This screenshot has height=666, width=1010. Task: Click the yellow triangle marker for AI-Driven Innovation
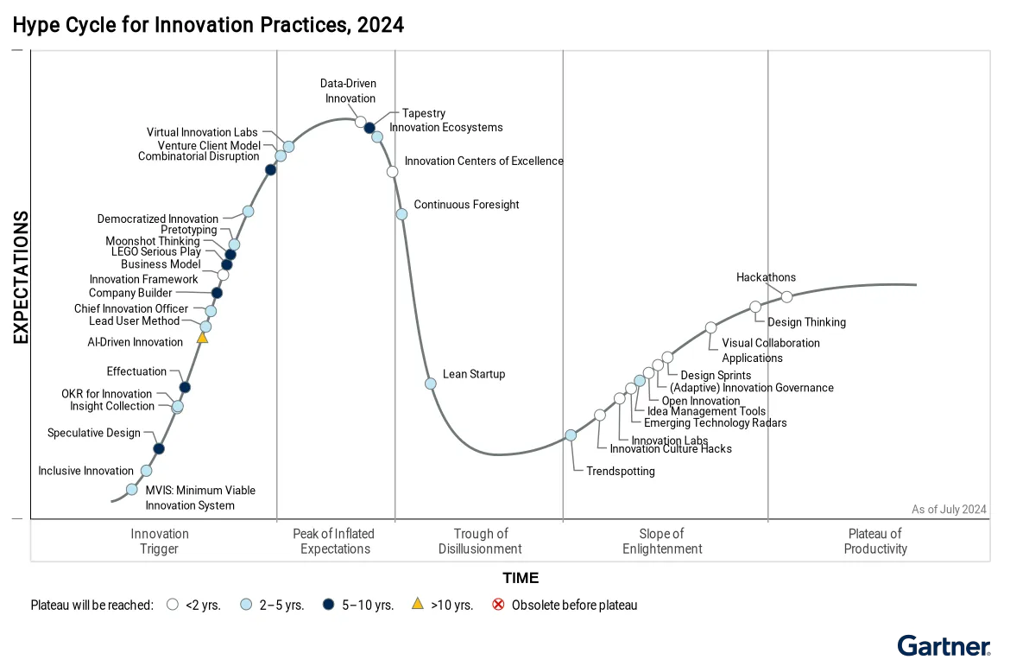[x=202, y=338]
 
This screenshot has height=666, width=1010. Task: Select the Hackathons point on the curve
[x=786, y=296]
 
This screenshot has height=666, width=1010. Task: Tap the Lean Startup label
[x=474, y=374]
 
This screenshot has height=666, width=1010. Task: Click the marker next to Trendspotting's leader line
[x=571, y=435]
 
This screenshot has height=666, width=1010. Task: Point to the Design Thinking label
[x=806, y=322]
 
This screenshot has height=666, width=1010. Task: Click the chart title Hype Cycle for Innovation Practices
[x=208, y=25]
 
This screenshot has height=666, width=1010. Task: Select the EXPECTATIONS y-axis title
[x=21, y=277]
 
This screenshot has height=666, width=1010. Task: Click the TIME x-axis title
[x=521, y=578]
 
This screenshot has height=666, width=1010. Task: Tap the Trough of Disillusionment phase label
[x=480, y=541]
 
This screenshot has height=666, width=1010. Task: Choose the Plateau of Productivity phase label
[x=875, y=541]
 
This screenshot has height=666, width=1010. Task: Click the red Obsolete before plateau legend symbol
[x=498, y=605]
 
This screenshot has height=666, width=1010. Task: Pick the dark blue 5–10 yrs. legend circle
[x=329, y=605]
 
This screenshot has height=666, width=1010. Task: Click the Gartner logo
[x=944, y=646]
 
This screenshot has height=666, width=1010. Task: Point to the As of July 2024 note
[x=949, y=509]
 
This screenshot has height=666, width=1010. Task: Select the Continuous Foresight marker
[x=401, y=214]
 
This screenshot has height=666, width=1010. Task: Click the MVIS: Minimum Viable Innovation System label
[x=199, y=498]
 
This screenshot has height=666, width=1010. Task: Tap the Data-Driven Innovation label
[x=349, y=91]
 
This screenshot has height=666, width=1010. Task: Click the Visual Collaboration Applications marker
[x=710, y=327]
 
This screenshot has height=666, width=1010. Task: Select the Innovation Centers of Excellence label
[x=483, y=161]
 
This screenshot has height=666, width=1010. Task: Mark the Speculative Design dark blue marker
[x=159, y=448]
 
